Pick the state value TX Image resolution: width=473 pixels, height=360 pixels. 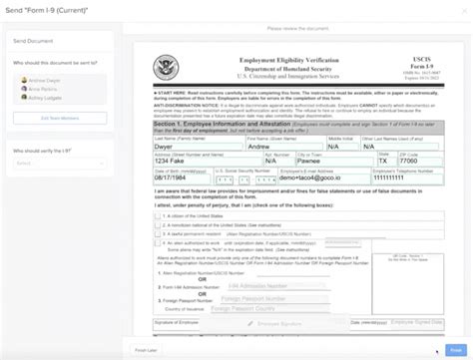coord(384,162)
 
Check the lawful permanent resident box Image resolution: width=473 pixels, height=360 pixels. coord(158,233)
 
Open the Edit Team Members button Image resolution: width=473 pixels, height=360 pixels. coord(61,118)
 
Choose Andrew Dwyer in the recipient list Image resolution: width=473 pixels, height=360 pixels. coord(44,80)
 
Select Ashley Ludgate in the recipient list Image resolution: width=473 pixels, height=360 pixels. coord(46,97)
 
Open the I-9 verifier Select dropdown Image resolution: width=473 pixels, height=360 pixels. coord(61,163)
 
